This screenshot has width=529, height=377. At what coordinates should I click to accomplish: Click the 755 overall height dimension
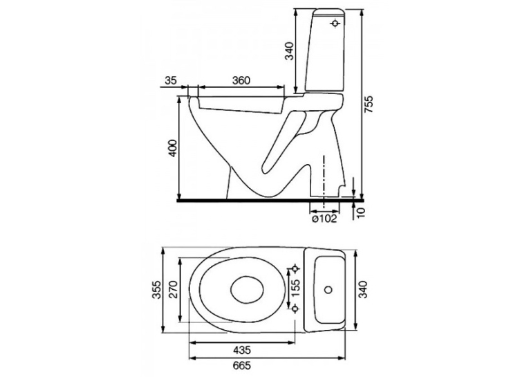click(x=369, y=104)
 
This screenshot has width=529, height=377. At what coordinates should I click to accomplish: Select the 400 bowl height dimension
click(x=173, y=147)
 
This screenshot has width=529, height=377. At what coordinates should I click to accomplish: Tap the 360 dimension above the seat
click(x=241, y=81)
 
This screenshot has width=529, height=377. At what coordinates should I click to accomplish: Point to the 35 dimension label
click(x=171, y=81)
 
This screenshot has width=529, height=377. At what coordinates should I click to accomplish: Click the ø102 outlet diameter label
click(x=324, y=219)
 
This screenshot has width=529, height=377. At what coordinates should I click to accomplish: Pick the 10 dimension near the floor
click(x=361, y=212)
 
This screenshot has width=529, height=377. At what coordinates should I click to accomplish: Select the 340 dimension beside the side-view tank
click(x=290, y=51)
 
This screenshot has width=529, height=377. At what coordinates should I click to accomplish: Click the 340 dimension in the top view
click(x=363, y=290)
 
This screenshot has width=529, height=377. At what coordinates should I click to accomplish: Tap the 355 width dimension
click(x=156, y=290)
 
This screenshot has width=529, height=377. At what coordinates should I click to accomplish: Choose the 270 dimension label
click(x=173, y=290)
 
